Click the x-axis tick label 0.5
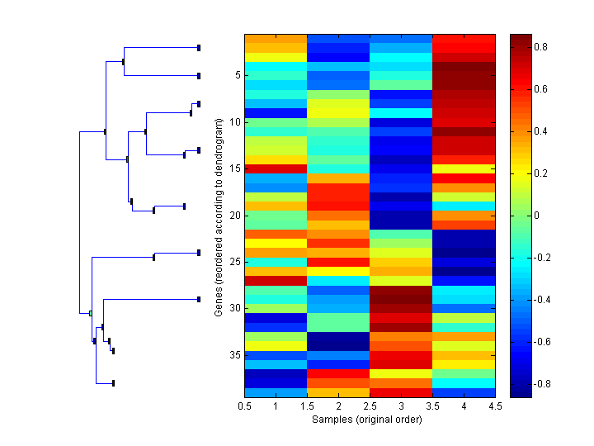[244, 407]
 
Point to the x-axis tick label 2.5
[370, 407]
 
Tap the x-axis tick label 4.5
[496, 407]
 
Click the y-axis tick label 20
[234, 216]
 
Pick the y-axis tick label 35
[234, 355]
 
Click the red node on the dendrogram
[127, 159]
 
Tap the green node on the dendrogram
[90, 313]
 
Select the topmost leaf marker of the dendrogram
[199, 48]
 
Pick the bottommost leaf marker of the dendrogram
[113, 383]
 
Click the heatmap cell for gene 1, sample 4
[464, 38]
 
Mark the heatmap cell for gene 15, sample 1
[276, 168]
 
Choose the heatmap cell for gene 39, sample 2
[338, 392]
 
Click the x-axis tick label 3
[402, 407]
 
